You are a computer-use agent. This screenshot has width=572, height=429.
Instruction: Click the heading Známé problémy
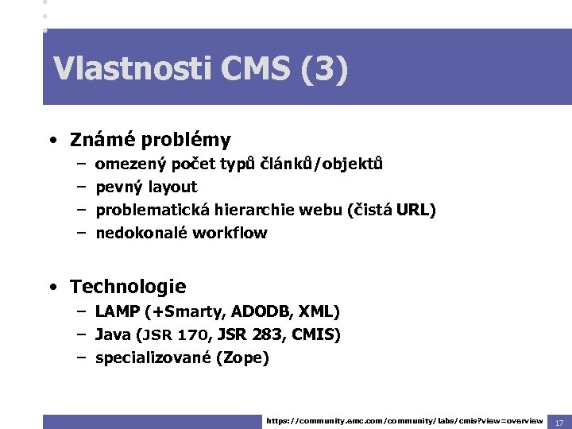pyautogui.click(x=150, y=141)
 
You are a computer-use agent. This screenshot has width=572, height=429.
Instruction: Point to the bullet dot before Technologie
pyautogui.click(x=51, y=287)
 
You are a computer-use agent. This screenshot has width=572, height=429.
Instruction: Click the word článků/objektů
pyautogui.click(x=323, y=164)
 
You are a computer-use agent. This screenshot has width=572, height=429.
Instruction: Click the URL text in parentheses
pyautogui.click(x=415, y=211)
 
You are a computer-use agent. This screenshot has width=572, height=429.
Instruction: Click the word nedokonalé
pyautogui.click(x=142, y=234)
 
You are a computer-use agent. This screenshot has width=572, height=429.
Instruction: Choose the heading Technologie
pyautogui.click(x=128, y=287)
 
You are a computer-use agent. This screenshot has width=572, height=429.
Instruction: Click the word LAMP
pyautogui.click(x=117, y=311)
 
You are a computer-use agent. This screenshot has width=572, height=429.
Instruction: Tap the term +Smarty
pyautogui.click(x=180, y=311)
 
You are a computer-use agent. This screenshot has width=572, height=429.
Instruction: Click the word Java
pyautogui.click(x=113, y=334)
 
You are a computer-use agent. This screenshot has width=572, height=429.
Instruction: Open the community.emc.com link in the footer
pyautogui.click(x=404, y=420)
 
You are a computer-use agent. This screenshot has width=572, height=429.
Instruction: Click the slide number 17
pyautogui.click(x=559, y=421)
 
